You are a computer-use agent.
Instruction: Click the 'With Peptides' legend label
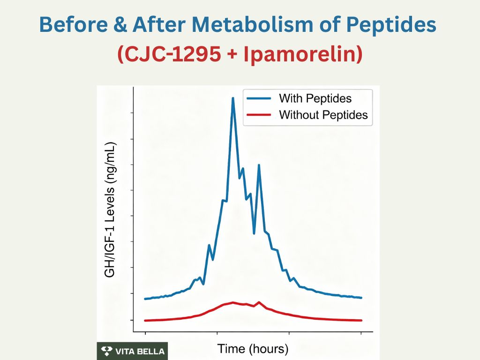(x=315, y=98)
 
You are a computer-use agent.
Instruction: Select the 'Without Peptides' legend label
(x=323, y=115)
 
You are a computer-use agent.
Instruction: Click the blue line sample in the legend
(x=257, y=98)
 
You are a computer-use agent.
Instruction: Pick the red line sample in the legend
(x=257, y=115)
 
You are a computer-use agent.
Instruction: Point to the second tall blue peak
(x=259, y=165)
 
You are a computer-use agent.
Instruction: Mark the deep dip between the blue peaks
(x=254, y=233)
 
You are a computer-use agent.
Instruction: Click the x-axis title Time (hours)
(x=253, y=349)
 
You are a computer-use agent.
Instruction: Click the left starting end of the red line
(x=146, y=321)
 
